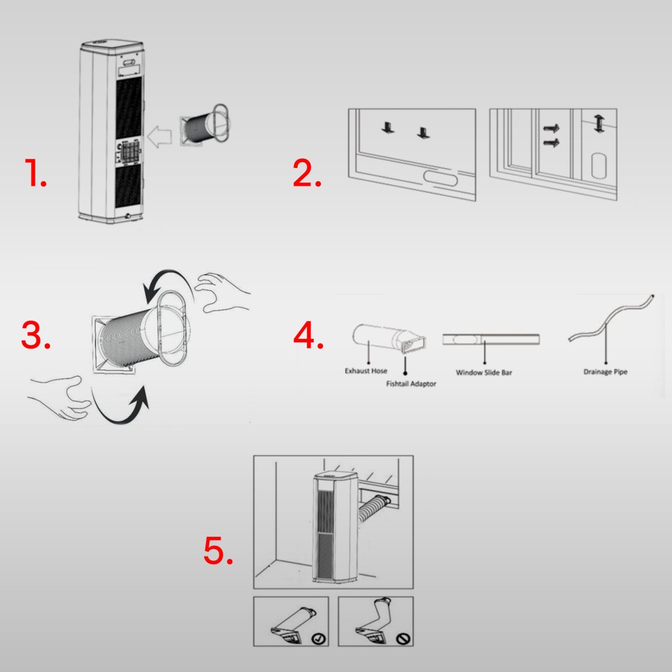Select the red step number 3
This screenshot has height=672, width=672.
35,336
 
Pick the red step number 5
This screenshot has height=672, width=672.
219,551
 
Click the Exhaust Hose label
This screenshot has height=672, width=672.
366,371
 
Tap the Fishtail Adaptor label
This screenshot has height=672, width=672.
411,383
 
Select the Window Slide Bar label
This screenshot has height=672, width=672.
484,373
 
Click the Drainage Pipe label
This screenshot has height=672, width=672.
605,372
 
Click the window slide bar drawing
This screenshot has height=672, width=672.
491,339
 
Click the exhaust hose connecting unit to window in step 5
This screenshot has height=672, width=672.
373,511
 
